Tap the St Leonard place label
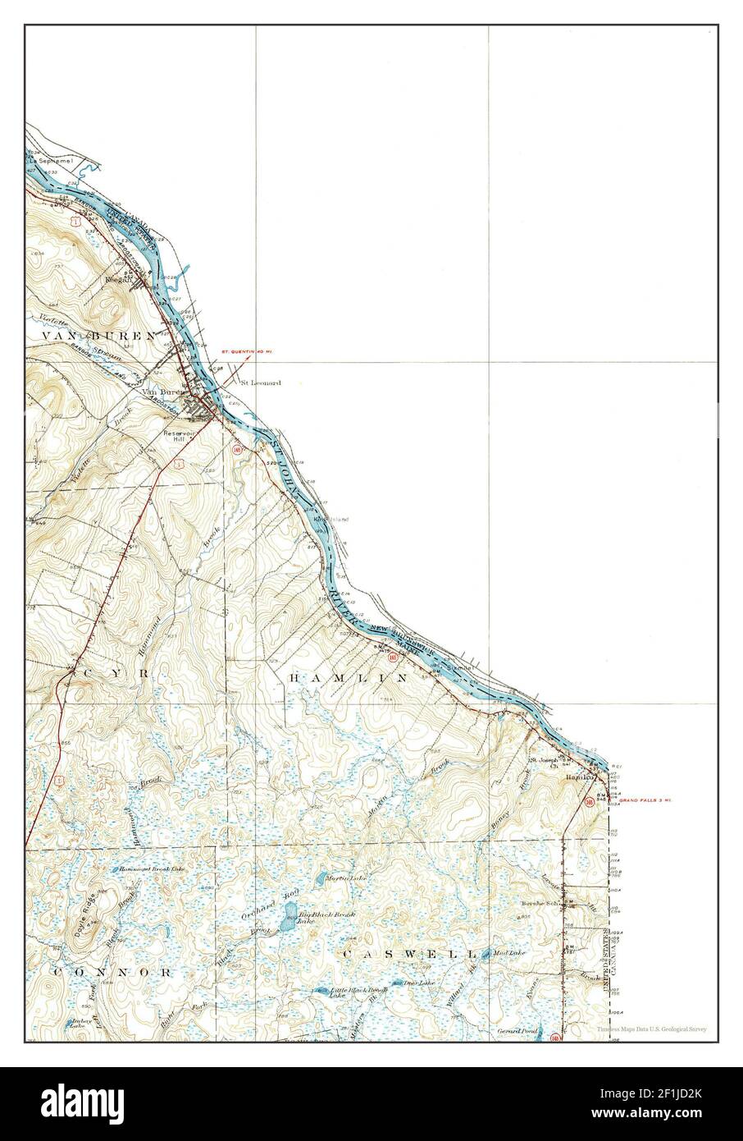click(260, 383)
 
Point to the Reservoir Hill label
click(176, 435)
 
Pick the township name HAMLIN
click(349, 679)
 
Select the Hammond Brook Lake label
click(152, 868)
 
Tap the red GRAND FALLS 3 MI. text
click(645, 800)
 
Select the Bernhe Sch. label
click(540, 904)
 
